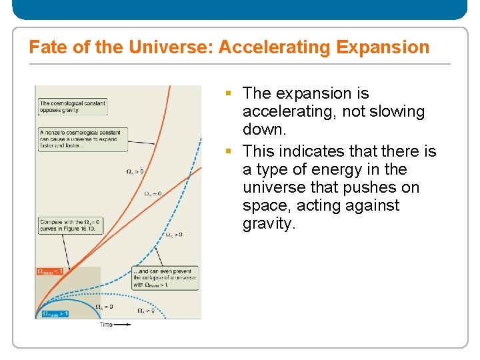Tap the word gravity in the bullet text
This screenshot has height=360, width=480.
(267, 224)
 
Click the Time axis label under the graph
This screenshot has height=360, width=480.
(106, 325)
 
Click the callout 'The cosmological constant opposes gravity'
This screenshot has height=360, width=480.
(72, 107)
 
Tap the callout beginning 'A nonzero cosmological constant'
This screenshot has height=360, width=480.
(81, 139)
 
